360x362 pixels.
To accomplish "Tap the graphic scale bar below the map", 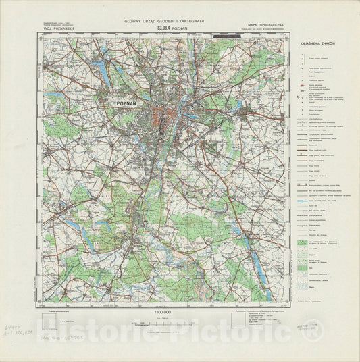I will [164, 323].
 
